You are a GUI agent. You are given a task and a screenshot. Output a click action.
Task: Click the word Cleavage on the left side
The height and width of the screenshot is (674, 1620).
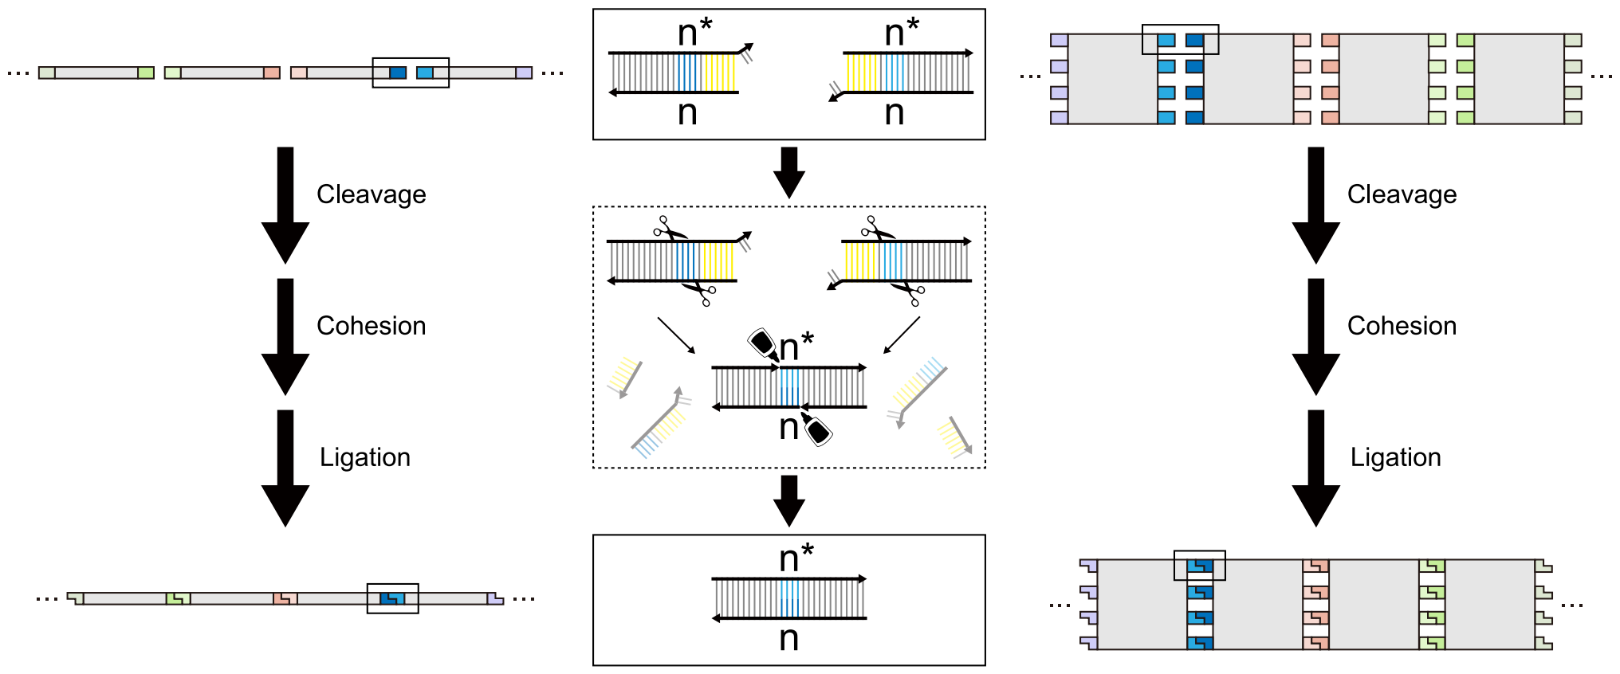pos(371,194)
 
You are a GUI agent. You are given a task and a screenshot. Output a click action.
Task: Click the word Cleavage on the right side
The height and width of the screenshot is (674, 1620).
pos(1402,194)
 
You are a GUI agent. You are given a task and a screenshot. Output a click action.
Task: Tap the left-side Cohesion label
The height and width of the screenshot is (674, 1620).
pos(371,326)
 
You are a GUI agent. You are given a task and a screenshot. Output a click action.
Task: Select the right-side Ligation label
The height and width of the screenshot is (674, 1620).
pos(1395,457)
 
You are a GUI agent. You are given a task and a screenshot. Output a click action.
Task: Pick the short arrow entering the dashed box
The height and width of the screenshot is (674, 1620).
pos(789,172)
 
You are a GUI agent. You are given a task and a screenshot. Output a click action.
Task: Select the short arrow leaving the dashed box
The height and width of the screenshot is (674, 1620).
pos(789,500)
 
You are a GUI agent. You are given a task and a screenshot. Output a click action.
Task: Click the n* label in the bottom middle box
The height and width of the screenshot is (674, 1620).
pos(796,557)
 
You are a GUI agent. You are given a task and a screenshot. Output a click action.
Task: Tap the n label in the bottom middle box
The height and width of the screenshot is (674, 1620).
pos(788,638)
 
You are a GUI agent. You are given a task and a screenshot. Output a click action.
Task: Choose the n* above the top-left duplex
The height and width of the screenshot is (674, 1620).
pos(694,33)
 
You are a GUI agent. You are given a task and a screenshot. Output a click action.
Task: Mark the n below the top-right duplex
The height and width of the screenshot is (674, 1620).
pos(894,113)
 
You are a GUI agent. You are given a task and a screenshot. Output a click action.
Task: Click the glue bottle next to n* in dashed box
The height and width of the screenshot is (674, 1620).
pos(763,343)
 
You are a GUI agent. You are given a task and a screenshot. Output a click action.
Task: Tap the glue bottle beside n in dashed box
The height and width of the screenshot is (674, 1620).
pos(817,429)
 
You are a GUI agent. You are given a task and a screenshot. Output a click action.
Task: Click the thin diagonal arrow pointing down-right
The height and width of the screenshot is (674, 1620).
pos(676,335)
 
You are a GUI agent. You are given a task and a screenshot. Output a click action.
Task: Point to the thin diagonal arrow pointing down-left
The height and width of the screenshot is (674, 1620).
pos(902,335)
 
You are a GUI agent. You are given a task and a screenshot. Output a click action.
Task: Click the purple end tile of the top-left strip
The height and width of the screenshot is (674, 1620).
pos(524,73)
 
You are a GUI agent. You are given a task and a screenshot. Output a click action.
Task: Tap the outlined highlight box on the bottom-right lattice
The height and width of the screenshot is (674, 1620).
pos(1199,565)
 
